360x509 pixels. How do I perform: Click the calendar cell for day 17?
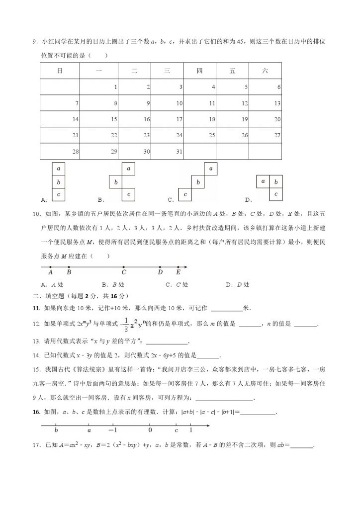[167, 119]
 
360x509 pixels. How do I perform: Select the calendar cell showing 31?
[167, 151]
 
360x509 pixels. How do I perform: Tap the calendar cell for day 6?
[266, 87]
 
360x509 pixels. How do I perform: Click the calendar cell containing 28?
[60, 151]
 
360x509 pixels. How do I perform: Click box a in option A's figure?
[59, 169]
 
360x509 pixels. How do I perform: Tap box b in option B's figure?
[116, 182]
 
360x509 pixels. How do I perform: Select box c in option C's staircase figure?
[185, 195]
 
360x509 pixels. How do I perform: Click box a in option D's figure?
[263, 181]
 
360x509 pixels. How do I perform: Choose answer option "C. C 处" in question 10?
[178, 285]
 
